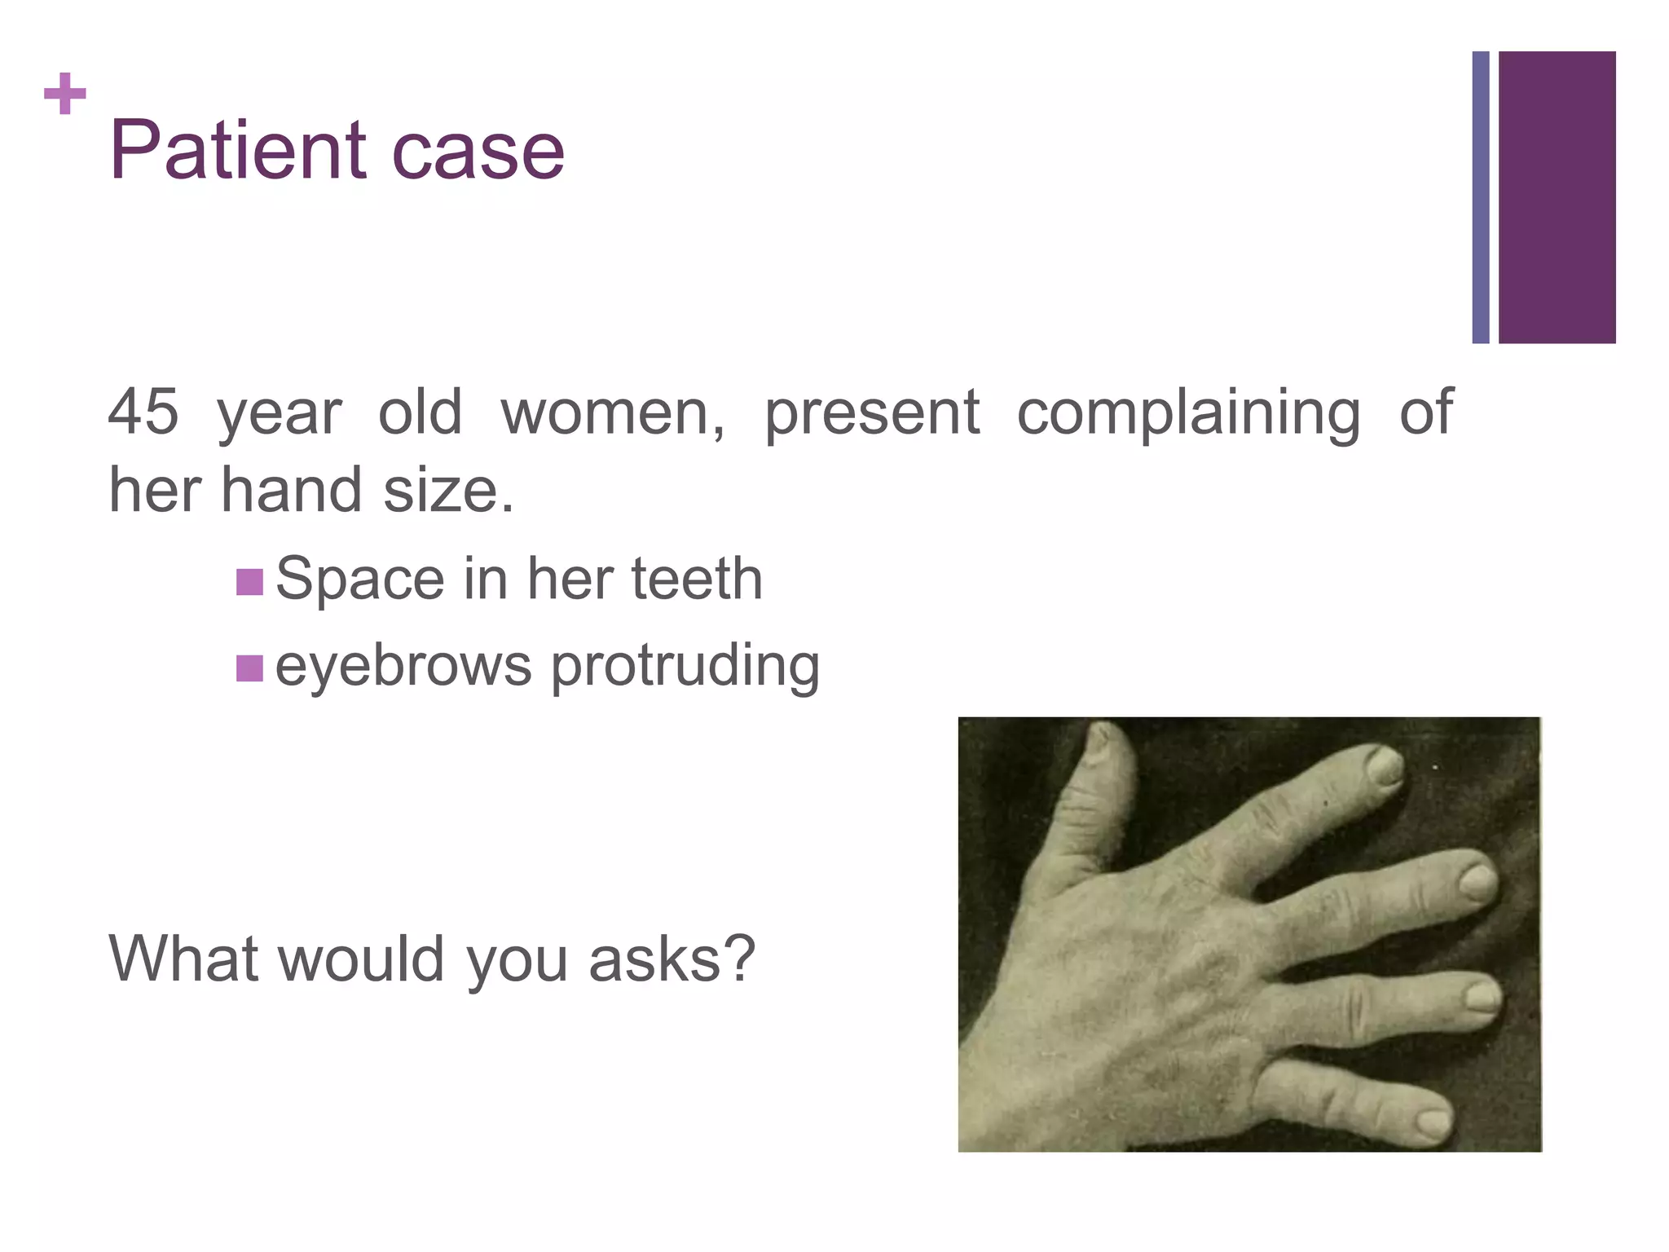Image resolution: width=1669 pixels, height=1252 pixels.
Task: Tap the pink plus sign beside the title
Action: [x=64, y=94]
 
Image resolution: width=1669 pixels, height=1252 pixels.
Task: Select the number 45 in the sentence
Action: [x=143, y=412]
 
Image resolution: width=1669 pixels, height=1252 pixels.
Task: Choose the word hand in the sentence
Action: [x=292, y=491]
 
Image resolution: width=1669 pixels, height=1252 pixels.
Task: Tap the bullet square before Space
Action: [x=249, y=582]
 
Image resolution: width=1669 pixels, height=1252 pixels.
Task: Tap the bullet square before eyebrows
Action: [x=249, y=668]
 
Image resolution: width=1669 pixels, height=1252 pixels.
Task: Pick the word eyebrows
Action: [x=403, y=666]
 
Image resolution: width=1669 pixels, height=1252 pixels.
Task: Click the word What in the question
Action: [x=184, y=959]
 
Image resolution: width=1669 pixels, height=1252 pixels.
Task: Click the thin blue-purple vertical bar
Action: [x=1480, y=197]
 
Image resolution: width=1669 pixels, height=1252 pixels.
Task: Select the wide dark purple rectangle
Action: [x=1557, y=197]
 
